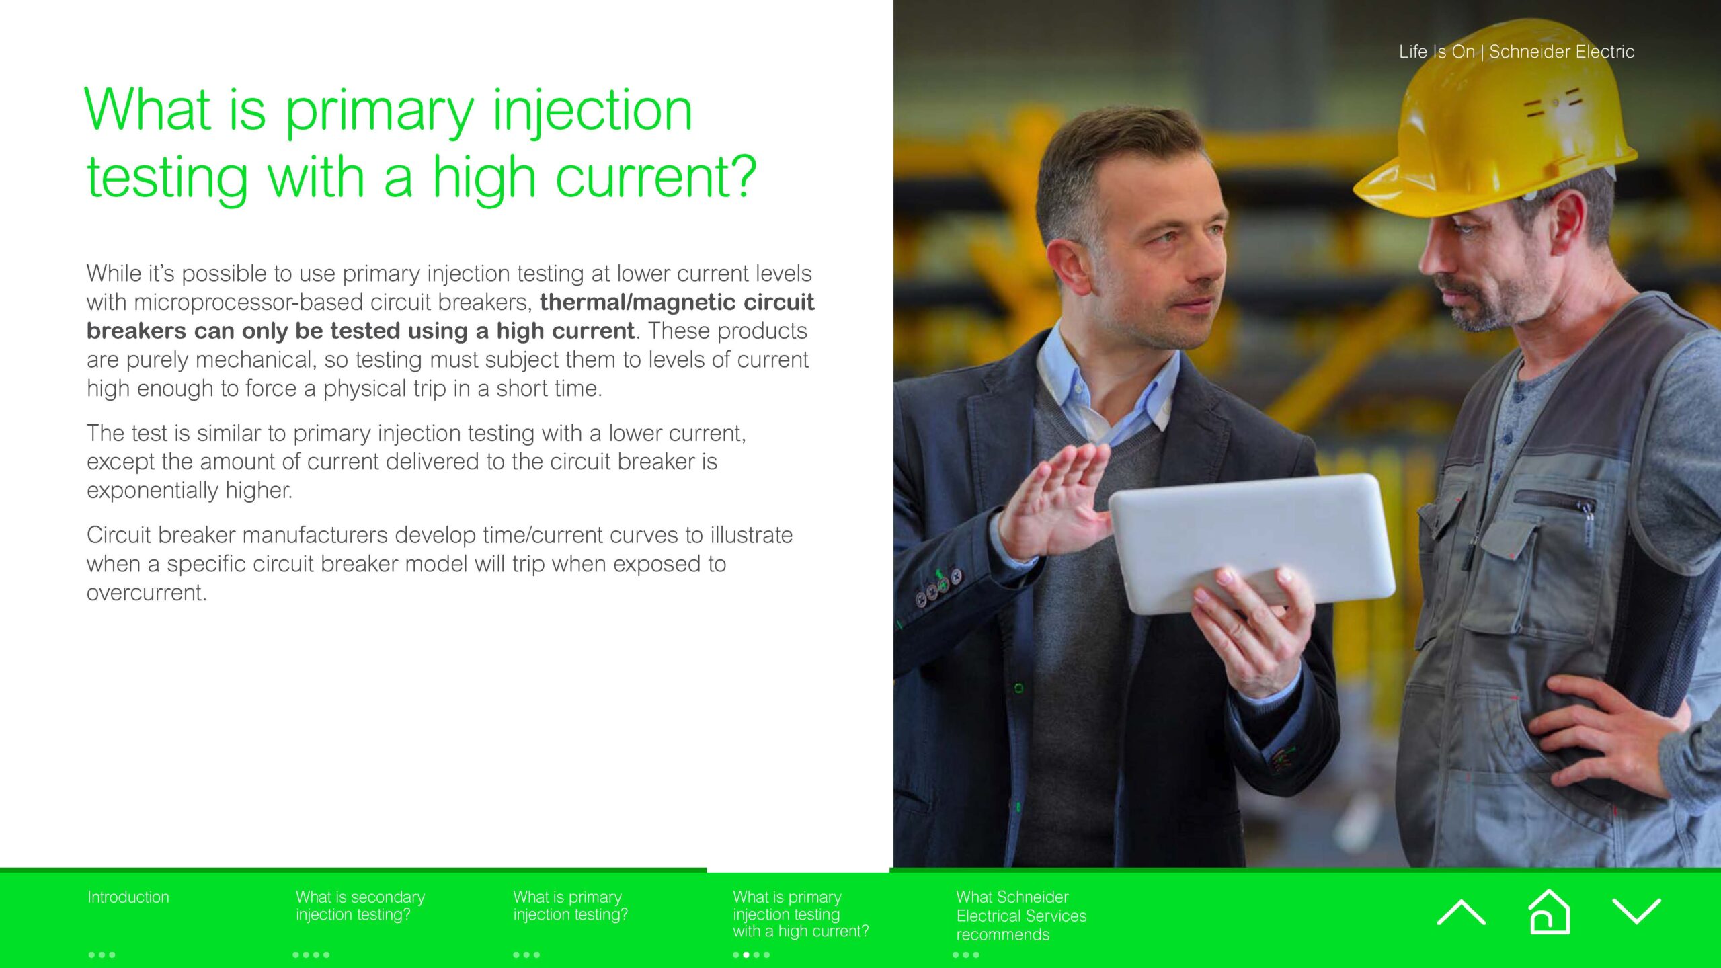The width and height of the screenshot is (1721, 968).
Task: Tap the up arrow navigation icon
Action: (x=1461, y=913)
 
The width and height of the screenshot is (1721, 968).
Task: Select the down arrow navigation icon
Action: (x=1636, y=912)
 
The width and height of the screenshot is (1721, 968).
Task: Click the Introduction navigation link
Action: (x=128, y=897)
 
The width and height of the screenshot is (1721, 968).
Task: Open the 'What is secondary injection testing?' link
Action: (x=360, y=905)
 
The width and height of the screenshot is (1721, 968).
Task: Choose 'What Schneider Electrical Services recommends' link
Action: (x=1021, y=916)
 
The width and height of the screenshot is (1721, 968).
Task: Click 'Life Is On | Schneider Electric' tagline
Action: (x=1517, y=52)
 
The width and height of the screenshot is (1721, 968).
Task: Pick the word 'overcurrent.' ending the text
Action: (x=147, y=593)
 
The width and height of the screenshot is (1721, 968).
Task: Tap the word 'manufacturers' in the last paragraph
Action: (x=315, y=535)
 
